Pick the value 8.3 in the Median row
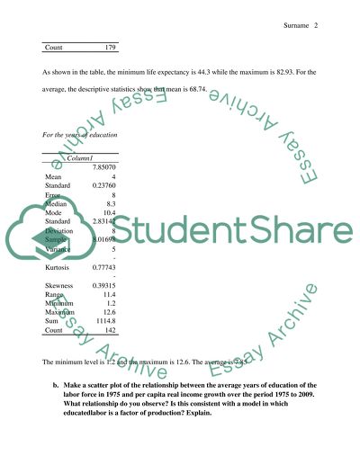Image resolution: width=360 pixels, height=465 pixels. [x=111, y=206]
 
